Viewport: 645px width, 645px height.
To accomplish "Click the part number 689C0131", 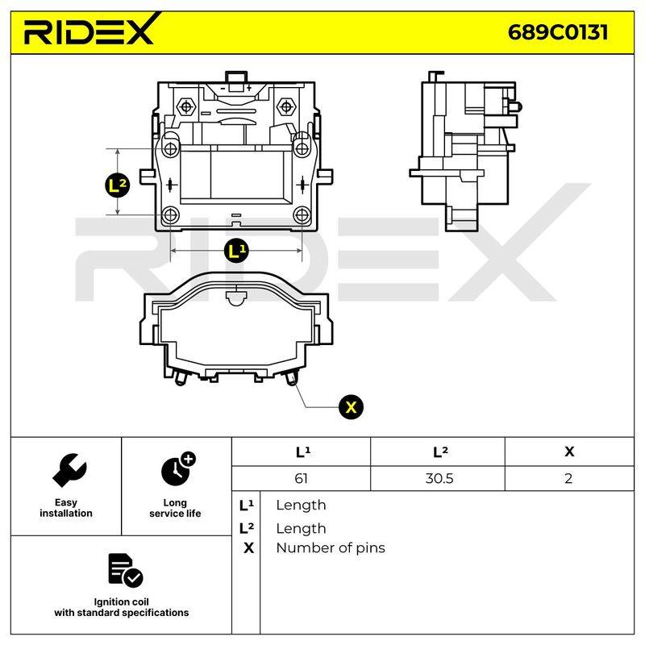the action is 558,32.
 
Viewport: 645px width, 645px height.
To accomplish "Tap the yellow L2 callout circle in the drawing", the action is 117,185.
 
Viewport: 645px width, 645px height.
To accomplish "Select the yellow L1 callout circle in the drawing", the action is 236,250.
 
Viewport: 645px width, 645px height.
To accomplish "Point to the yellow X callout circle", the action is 351,407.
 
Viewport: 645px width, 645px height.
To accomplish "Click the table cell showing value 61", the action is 301,478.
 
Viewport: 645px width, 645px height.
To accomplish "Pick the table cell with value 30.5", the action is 439,478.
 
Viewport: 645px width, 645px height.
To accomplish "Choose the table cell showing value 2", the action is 568,478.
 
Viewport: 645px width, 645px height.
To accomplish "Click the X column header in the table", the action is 569,451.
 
